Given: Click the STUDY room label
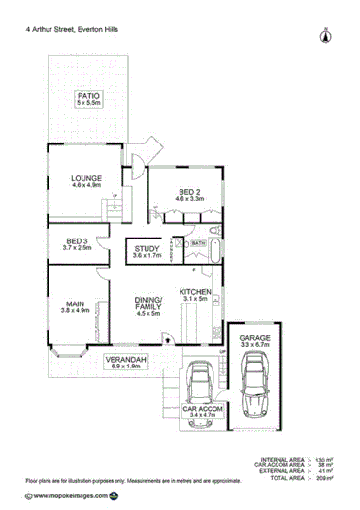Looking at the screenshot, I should (x=147, y=250).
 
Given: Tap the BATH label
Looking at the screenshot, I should (x=198, y=243).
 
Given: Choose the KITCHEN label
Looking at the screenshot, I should (x=195, y=292).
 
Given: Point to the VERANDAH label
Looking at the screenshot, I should (x=126, y=360).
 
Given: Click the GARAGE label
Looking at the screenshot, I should (x=253, y=338).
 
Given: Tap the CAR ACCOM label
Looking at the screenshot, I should (x=203, y=412).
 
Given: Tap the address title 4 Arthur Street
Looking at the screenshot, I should (x=85, y=30).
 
